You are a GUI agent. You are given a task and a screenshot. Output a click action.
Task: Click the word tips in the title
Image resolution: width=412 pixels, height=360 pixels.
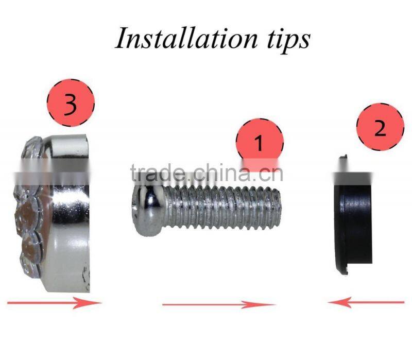point(289,40)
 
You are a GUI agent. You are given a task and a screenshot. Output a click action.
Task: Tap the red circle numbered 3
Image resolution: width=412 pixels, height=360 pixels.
point(71,102)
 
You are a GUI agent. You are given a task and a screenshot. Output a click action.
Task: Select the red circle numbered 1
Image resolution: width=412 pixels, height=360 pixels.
point(260,142)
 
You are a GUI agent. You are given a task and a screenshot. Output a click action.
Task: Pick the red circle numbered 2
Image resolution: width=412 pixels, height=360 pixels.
point(380,127)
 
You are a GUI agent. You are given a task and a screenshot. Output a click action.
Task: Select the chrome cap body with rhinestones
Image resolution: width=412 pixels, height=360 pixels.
point(53,213)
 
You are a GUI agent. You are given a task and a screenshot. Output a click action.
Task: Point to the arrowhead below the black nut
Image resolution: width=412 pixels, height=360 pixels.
point(339,302)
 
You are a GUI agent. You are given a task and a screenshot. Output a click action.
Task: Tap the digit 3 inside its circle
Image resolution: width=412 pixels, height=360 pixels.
point(71,104)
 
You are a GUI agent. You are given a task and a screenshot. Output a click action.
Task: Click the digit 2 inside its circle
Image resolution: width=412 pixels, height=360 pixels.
point(380,128)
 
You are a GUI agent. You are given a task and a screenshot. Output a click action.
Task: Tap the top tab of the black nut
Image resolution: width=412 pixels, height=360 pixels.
point(343,157)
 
